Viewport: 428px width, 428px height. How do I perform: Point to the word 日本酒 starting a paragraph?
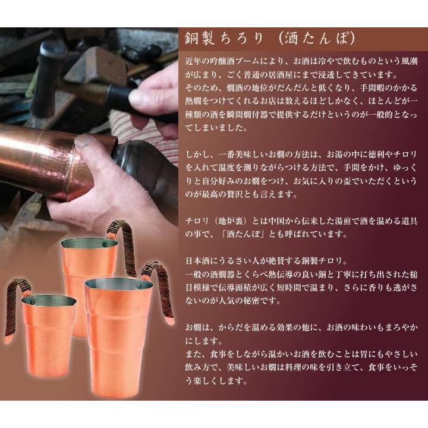click(x=197, y=260)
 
